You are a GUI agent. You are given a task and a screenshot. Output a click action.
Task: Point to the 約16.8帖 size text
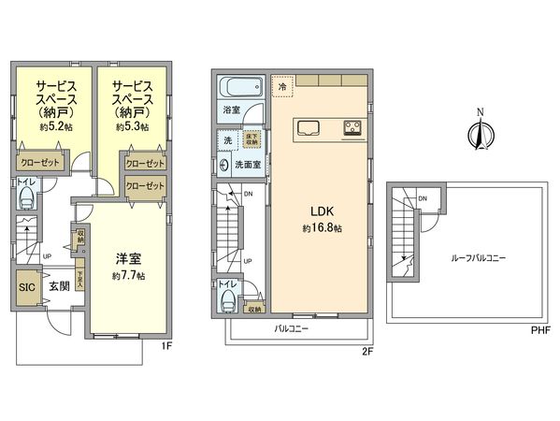pyautogui.click(x=320, y=228)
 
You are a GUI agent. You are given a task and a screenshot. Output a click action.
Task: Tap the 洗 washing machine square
pyautogui.click(x=227, y=141)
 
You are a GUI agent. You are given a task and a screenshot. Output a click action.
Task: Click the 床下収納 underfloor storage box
pyautogui.click(x=251, y=140)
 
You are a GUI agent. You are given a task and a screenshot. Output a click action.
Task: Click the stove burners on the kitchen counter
pyautogui.click(x=353, y=127)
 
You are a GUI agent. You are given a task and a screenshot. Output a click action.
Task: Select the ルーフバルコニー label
pyautogui.click(x=478, y=257)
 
